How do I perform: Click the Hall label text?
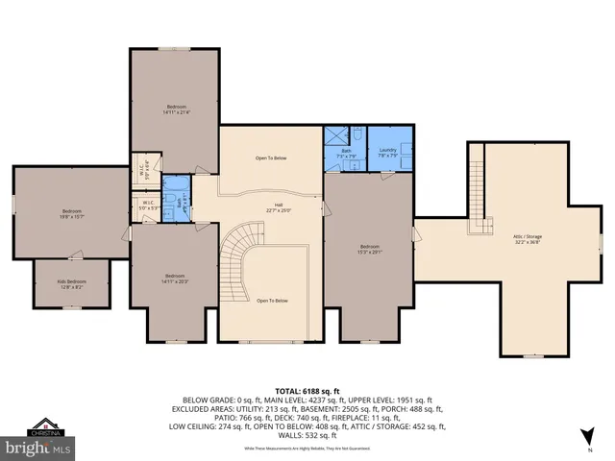point(279,206)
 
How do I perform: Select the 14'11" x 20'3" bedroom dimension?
point(175,281)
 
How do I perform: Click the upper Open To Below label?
point(271,158)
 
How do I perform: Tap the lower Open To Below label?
point(272,301)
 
